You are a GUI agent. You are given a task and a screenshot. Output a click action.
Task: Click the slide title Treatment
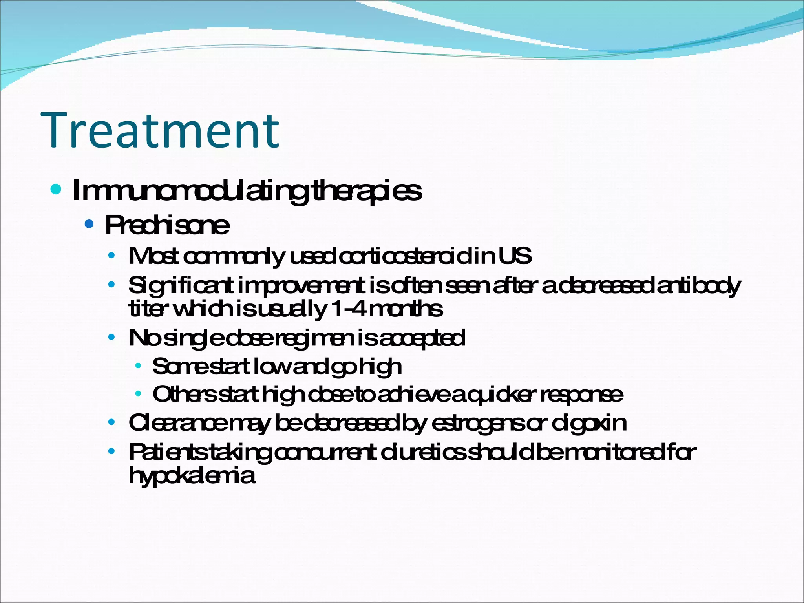(160, 131)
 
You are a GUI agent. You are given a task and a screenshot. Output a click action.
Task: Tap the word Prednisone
(167, 225)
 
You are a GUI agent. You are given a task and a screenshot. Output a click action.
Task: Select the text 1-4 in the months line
(347, 309)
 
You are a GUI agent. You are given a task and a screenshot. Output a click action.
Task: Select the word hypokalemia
(192, 475)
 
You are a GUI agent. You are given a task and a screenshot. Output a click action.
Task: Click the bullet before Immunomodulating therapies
(56, 190)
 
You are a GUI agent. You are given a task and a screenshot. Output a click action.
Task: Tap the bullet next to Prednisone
(90, 224)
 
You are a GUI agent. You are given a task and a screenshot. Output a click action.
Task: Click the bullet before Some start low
(138, 366)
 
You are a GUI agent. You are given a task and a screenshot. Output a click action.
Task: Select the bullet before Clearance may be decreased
(112, 423)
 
